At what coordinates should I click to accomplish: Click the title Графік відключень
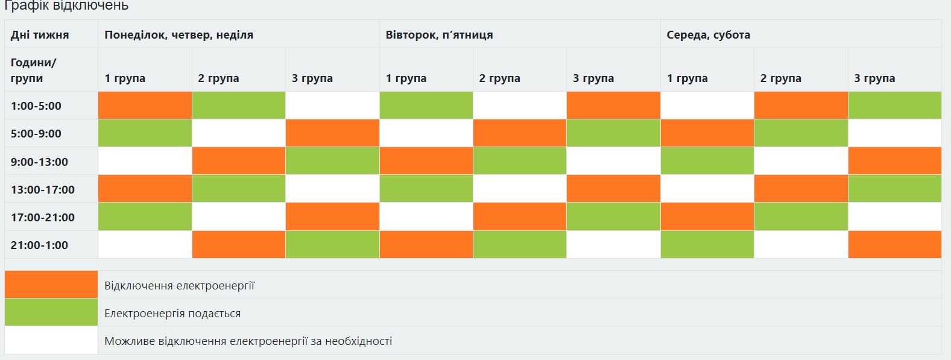point(66,6)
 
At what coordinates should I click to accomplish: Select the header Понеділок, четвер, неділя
point(179,35)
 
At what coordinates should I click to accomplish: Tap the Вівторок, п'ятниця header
point(439,35)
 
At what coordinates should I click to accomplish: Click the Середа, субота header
point(708,35)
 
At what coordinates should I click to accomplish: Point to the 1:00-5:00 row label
point(36,106)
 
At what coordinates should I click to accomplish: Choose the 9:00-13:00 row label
point(39,162)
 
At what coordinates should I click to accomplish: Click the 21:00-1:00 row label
point(39,245)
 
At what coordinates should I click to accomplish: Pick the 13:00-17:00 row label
point(43,190)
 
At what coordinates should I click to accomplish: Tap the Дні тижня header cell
point(40,35)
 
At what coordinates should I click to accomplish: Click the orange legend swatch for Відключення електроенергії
point(51,285)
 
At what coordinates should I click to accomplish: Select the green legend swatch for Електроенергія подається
point(51,312)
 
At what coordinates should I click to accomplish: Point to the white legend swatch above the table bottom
point(51,340)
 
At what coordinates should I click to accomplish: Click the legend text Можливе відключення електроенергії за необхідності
point(248,341)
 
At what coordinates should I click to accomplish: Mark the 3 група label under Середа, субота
point(874,78)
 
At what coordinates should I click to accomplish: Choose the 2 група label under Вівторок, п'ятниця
point(499,78)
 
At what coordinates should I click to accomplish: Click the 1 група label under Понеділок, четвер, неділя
point(125,78)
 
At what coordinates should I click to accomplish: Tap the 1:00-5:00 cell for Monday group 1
point(145,106)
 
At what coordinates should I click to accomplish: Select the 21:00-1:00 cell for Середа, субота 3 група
point(894,245)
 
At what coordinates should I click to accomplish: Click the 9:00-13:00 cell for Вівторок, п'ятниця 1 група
point(426,161)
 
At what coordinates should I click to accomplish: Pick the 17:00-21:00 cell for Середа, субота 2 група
point(801,217)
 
